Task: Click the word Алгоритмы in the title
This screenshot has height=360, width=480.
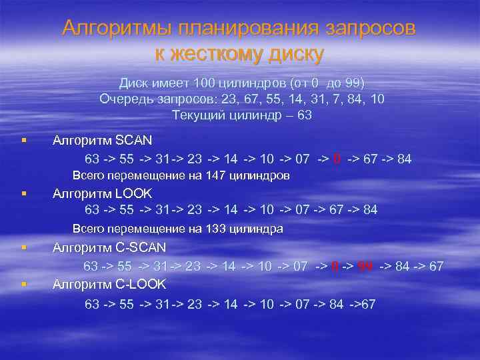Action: coord(114,28)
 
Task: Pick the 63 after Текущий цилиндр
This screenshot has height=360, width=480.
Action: coord(305,115)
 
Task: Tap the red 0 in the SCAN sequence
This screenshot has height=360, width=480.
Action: coord(337,159)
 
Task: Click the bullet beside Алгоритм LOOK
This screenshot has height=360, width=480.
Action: coord(23,194)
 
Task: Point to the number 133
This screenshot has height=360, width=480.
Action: coord(203,229)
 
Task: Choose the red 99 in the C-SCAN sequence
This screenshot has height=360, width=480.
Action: coord(365,266)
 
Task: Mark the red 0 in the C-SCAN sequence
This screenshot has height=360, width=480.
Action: coord(336,266)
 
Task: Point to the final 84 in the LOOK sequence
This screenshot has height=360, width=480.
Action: coord(369,209)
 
